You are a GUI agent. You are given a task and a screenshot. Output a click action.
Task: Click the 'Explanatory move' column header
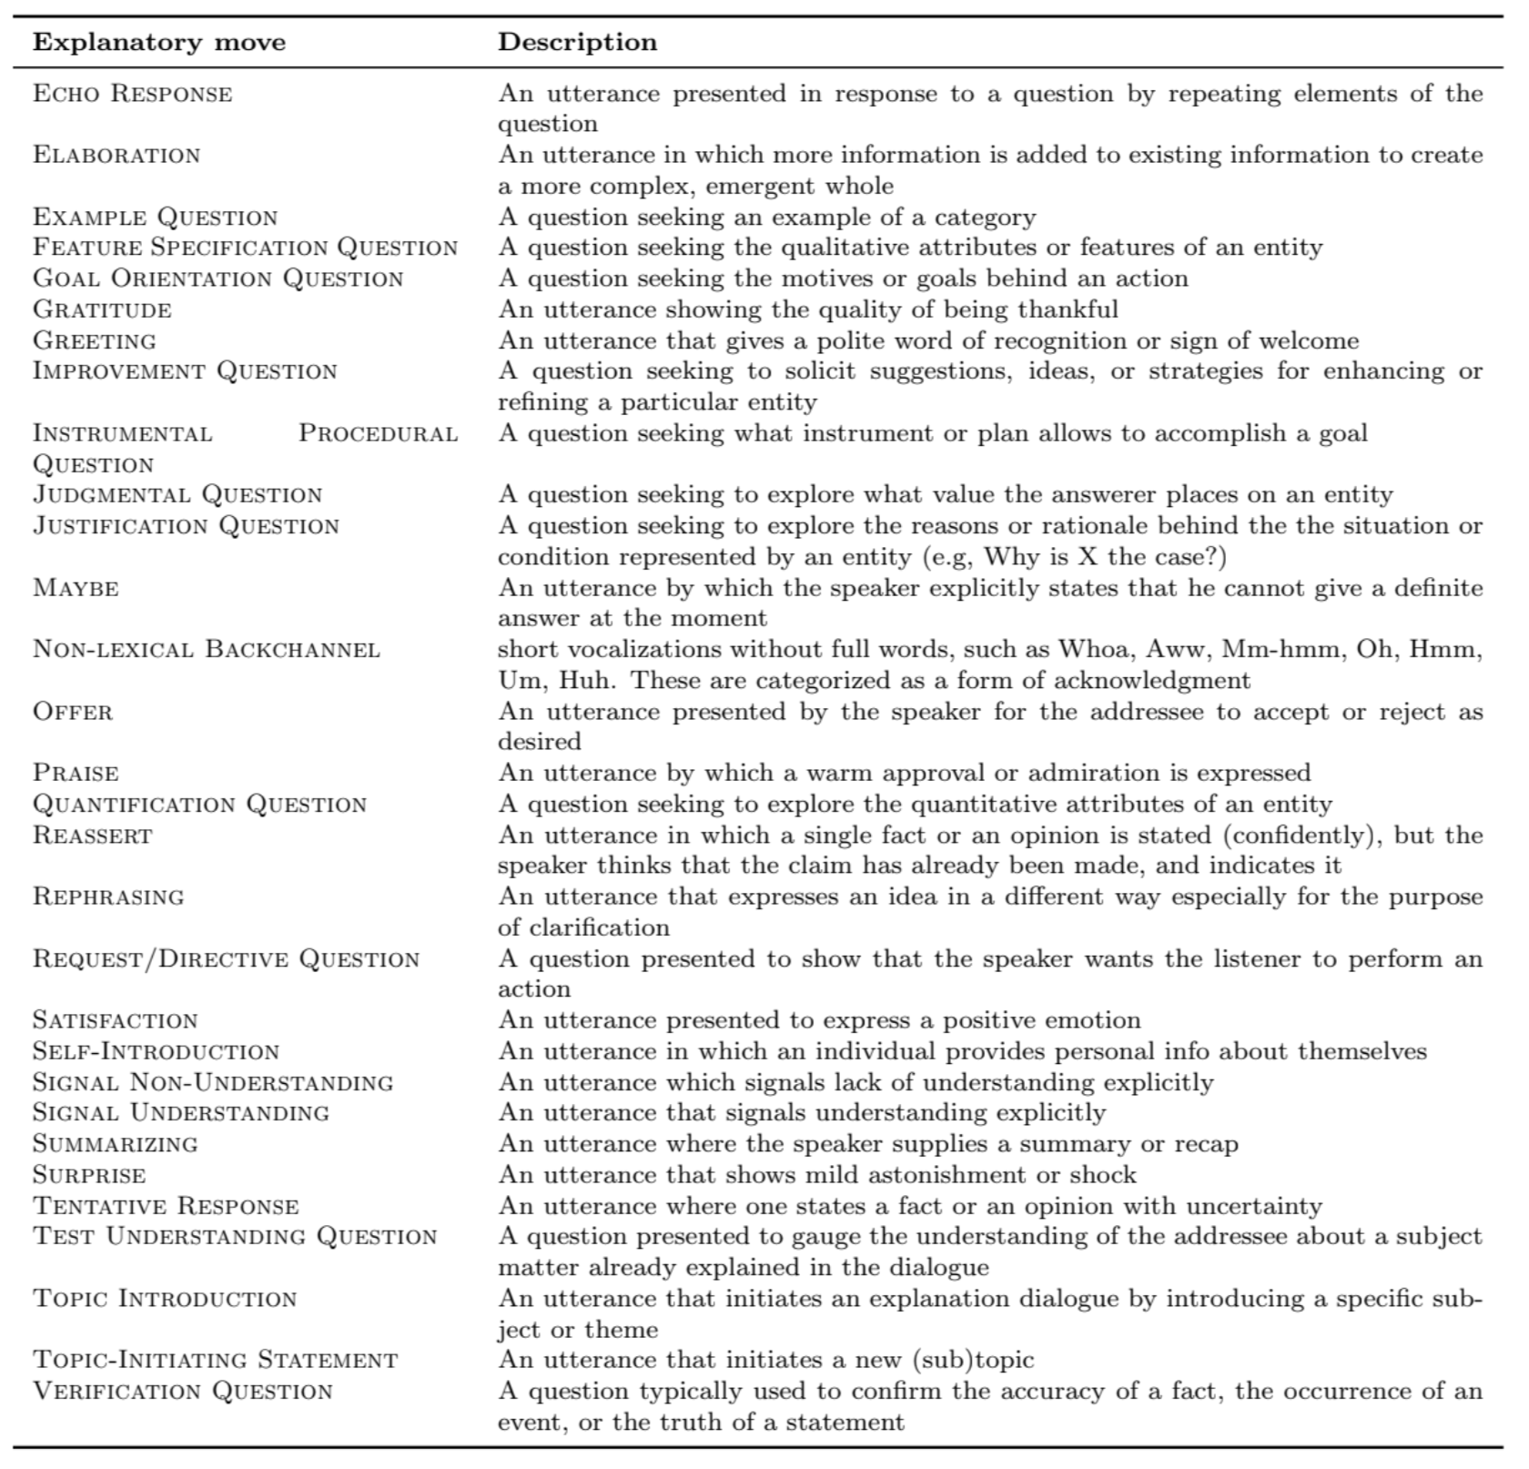[x=159, y=43]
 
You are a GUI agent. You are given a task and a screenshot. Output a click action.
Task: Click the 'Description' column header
[x=577, y=43]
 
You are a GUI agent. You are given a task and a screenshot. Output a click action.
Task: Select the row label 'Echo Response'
[x=133, y=94]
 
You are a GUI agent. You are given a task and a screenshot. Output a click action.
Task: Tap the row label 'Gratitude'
[x=102, y=310]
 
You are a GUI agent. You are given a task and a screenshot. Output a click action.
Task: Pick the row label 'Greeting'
[x=95, y=341]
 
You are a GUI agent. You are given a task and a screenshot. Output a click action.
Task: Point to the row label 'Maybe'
[x=76, y=588]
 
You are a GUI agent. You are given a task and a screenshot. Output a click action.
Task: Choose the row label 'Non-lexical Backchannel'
[x=207, y=650]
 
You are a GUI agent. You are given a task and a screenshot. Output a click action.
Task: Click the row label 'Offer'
[x=73, y=712]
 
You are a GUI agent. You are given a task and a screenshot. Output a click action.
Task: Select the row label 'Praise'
[x=76, y=774]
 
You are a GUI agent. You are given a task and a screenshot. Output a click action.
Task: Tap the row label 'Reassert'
[x=93, y=836]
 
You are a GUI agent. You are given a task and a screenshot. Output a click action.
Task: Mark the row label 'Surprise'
[x=89, y=1175]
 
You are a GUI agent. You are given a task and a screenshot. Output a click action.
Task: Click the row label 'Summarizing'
[x=116, y=1144]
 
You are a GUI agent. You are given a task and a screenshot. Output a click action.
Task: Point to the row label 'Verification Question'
[x=183, y=1392]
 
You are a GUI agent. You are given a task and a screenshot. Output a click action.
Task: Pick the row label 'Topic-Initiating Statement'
[x=216, y=1361]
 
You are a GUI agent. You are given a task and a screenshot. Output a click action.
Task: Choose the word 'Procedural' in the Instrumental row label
[x=378, y=433]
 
